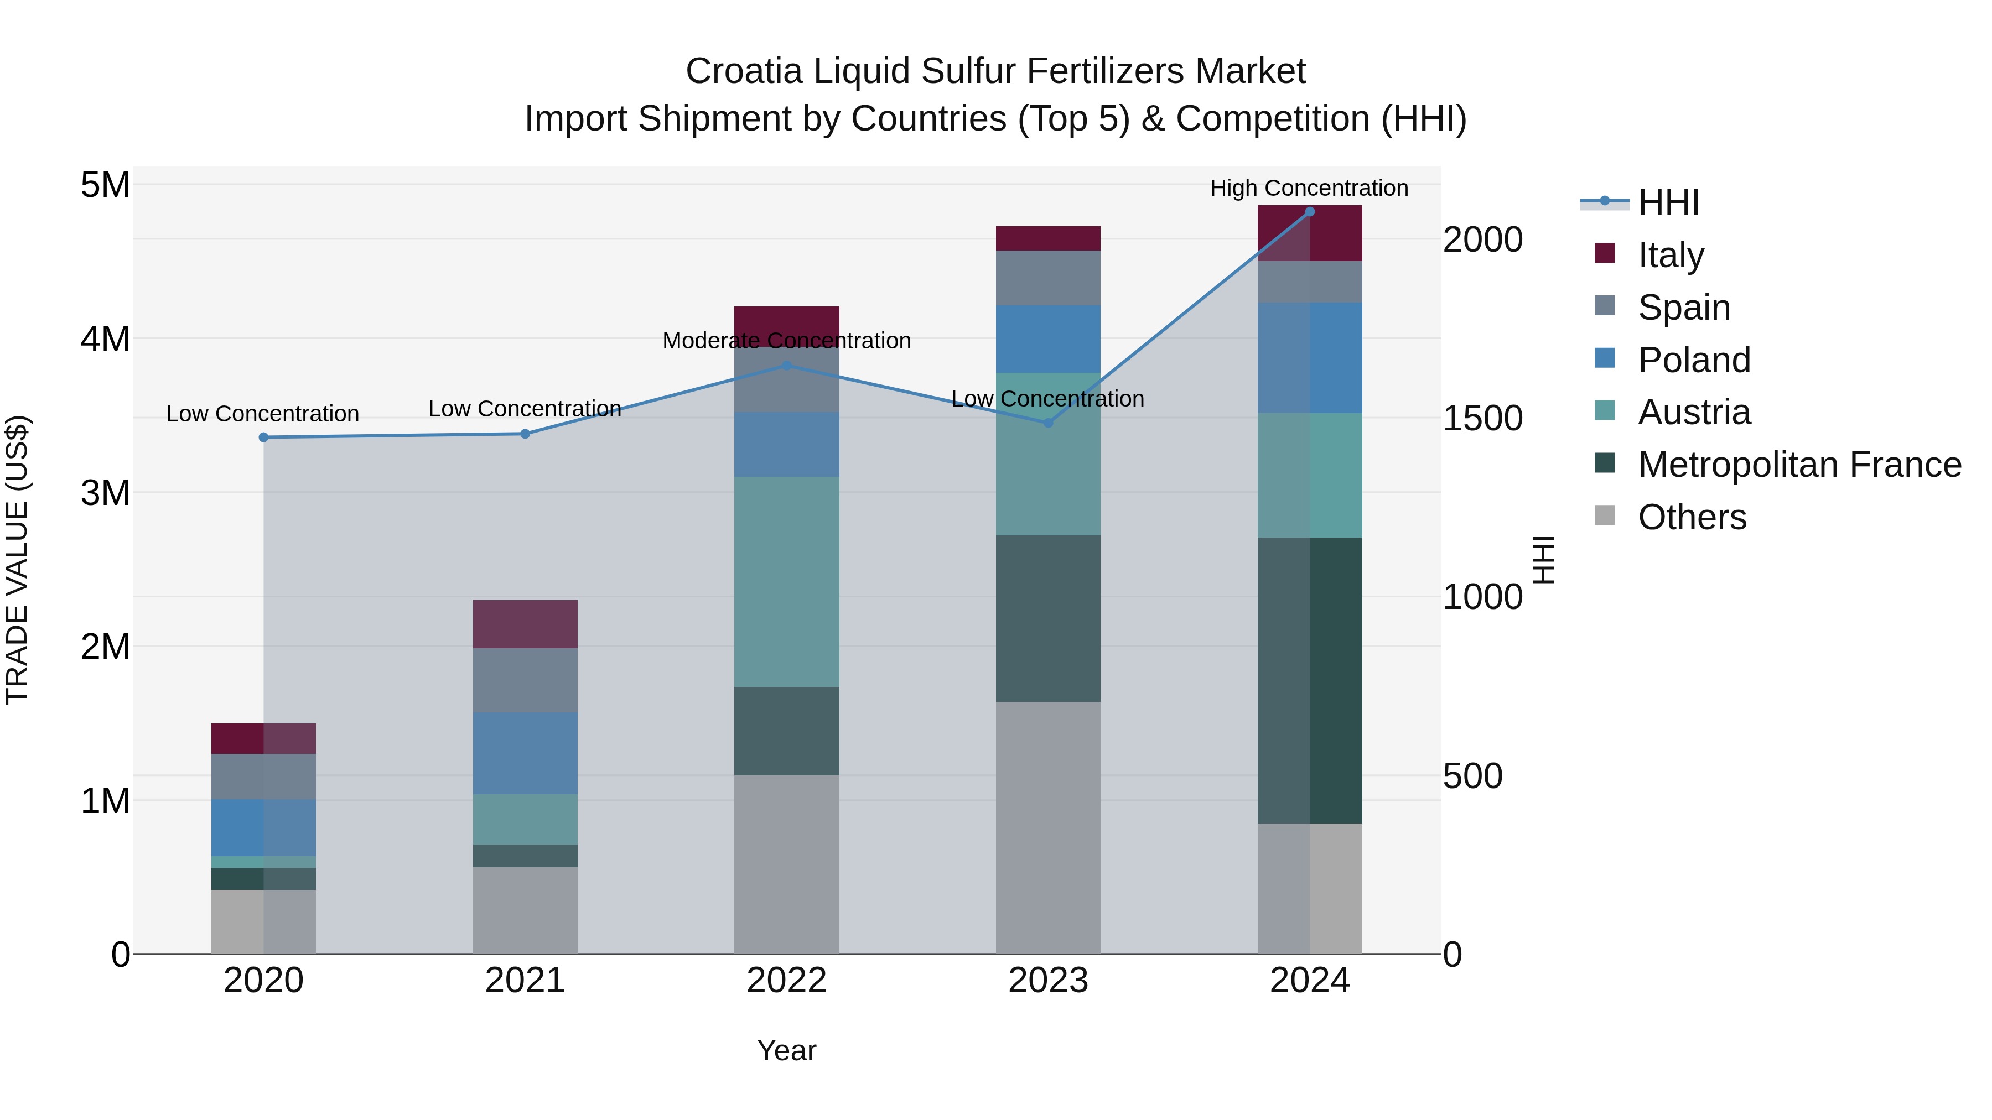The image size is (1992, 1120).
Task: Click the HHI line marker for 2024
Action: (x=1309, y=212)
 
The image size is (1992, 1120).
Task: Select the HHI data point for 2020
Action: (x=264, y=437)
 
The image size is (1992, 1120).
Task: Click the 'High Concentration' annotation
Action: (x=1309, y=188)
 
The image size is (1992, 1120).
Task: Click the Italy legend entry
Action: (x=1671, y=255)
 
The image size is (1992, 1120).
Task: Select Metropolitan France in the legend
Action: (x=1799, y=465)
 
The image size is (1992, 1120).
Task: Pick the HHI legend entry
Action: (x=1667, y=202)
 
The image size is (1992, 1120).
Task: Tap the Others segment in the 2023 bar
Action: (x=1048, y=827)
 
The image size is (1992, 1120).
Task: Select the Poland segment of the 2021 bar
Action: (x=525, y=753)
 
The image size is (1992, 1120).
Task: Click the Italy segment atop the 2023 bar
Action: (x=1048, y=238)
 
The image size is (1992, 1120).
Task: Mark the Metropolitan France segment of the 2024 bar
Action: (x=1309, y=680)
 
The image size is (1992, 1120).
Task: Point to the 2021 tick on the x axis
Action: (x=525, y=981)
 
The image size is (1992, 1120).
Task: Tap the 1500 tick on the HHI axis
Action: (x=1482, y=418)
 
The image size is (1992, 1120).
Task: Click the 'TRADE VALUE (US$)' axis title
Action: (x=17, y=560)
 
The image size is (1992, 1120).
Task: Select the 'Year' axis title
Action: (x=786, y=1050)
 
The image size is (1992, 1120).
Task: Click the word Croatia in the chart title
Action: (x=744, y=71)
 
